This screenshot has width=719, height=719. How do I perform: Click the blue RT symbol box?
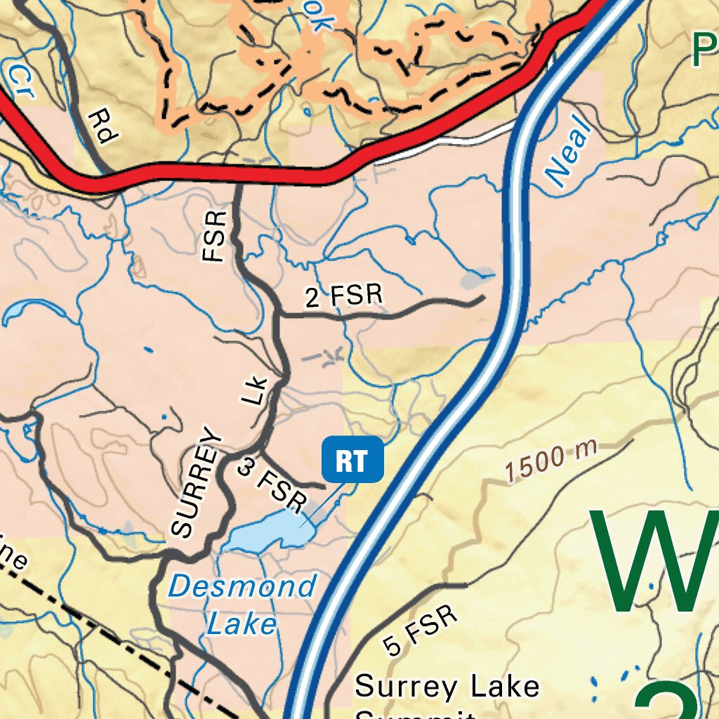[x=352, y=460]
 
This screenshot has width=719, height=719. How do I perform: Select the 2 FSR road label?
[x=345, y=297]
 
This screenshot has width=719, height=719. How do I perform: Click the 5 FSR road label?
[x=421, y=631]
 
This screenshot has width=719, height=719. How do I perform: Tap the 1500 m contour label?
[x=550, y=460]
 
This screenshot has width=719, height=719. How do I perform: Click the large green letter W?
[x=653, y=562]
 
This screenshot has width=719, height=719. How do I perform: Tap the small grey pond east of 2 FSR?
[x=477, y=280]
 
